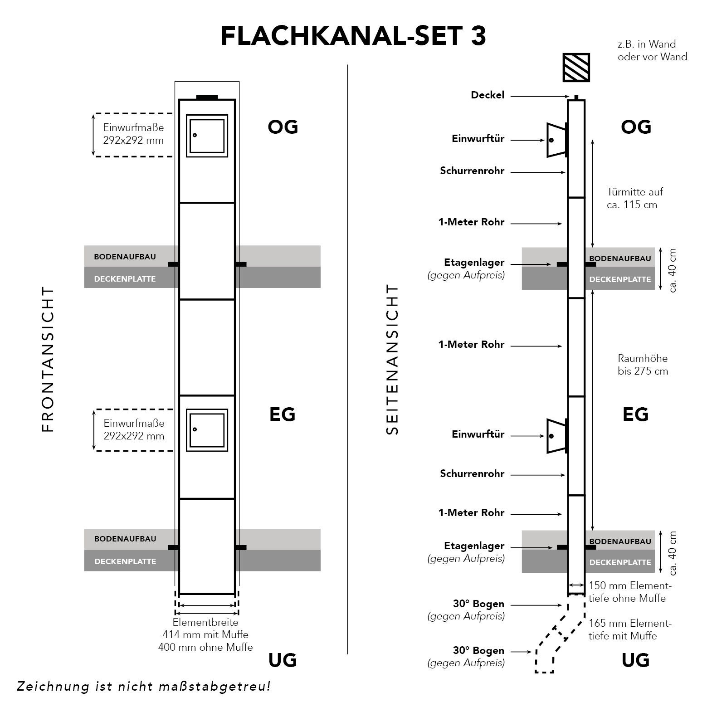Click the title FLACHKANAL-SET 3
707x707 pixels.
coord(353,36)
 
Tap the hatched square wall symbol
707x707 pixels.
coord(576,68)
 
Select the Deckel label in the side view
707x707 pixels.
coord(488,95)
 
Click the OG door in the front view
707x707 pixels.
coord(207,136)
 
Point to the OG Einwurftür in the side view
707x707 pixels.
coord(556,140)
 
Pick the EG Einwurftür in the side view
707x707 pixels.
coord(556,436)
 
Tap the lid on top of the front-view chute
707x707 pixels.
coord(207,97)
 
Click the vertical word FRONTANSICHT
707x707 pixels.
coord(48,359)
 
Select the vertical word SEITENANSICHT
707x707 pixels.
coord(392,360)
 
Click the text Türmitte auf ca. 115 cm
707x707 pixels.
coord(634,198)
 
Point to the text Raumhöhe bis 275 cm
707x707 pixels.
coord(643,365)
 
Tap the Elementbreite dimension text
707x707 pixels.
coord(205,634)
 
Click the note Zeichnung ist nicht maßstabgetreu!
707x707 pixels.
coord(144,686)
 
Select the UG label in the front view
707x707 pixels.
coord(283,660)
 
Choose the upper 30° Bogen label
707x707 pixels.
coord(478,604)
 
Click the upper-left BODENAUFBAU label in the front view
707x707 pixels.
coord(125,257)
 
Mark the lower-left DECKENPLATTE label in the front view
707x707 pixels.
coord(125,561)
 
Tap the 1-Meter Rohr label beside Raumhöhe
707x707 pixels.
coord(471,345)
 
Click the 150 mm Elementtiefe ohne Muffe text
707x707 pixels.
coord(629,592)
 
